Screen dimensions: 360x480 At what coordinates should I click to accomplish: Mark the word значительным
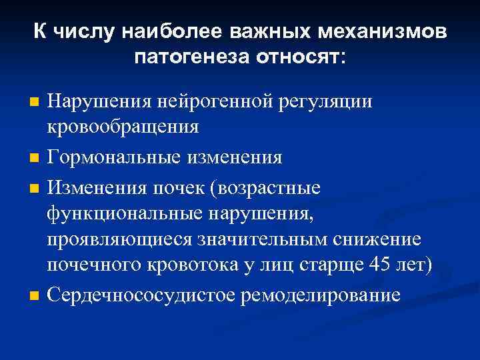click(x=256, y=239)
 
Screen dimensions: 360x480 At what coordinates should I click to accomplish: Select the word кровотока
click(x=213, y=265)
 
